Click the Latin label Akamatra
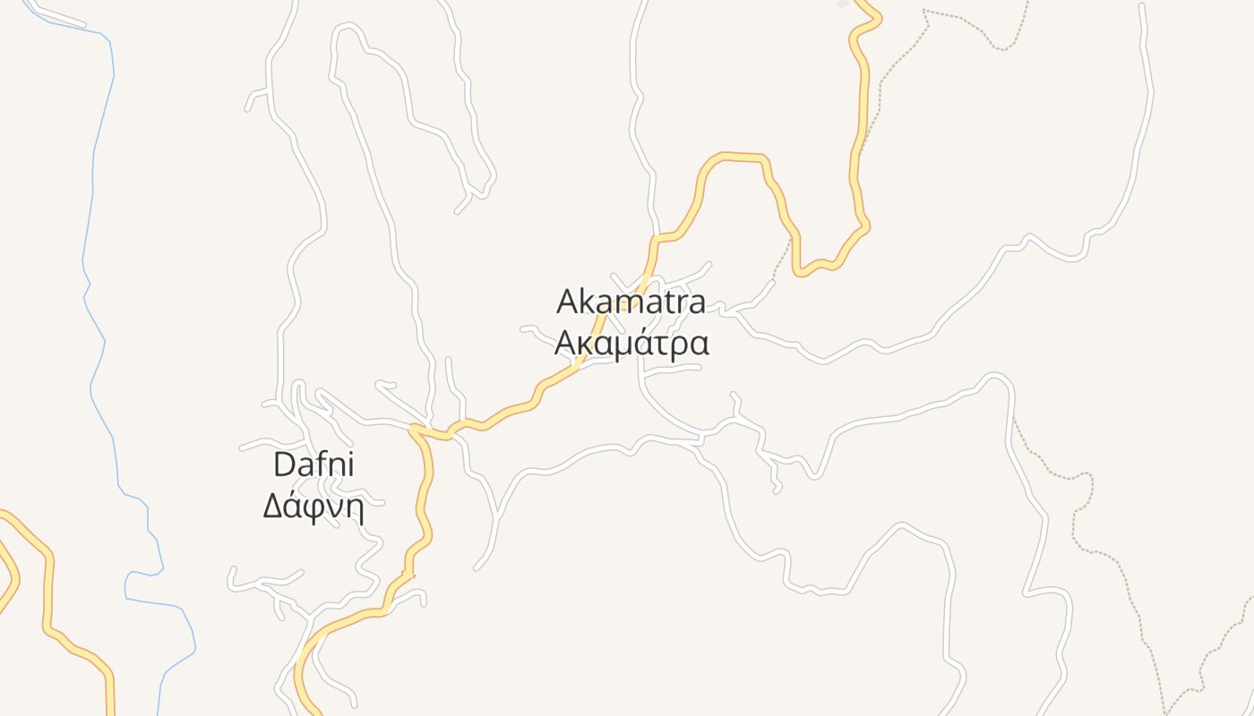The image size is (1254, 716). [x=631, y=303]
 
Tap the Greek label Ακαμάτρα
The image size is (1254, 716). [x=631, y=344]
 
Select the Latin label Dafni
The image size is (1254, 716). [x=313, y=465]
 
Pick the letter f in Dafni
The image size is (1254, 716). [x=325, y=464]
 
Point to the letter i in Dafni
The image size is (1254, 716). [x=350, y=465]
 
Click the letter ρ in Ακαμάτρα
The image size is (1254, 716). [x=681, y=346]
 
